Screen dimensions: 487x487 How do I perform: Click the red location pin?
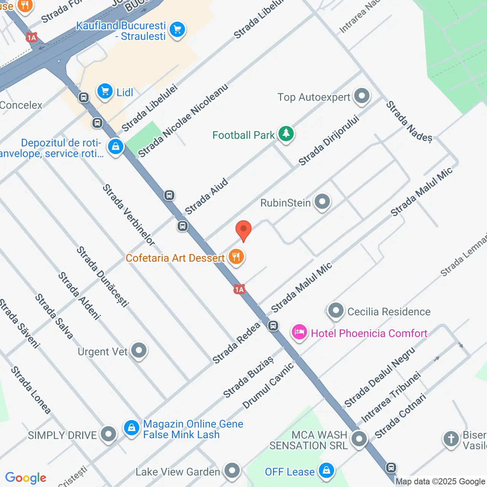click(x=243, y=230)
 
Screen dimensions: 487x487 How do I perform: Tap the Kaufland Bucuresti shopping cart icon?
click(x=177, y=30)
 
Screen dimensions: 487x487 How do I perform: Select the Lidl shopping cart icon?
click(x=105, y=91)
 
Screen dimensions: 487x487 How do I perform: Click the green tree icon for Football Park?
click(x=286, y=134)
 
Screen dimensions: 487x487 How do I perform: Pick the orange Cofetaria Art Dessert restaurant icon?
click(x=236, y=257)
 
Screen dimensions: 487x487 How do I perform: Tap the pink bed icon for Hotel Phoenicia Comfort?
click(x=299, y=333)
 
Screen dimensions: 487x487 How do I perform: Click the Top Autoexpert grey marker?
click(x=361, y=96)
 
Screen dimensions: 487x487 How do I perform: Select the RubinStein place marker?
click(x=322, y=202)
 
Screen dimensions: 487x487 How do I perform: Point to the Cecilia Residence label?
click(x=389, y=312)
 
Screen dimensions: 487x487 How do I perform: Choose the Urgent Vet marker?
click(x=139, y=350)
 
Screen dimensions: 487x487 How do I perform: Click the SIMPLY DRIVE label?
click(x=62, y=435)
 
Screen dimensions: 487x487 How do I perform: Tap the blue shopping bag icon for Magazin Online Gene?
click(x=132, y=428)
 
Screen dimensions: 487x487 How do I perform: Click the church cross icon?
click(x=451, y=439)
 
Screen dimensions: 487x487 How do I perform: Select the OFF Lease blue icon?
click(x=326, y=471)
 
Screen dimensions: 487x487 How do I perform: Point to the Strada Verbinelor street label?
click(x=129, y=215)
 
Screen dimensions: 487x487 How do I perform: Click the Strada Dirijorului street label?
click(x=329, y=141)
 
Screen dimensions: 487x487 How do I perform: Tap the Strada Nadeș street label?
click(x=409, y=121)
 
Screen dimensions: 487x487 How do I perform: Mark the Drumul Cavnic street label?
click(x=268, y=385)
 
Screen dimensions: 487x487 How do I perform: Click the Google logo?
click(x=26, y=478)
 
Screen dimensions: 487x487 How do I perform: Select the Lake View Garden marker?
click(x=232, y=471)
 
